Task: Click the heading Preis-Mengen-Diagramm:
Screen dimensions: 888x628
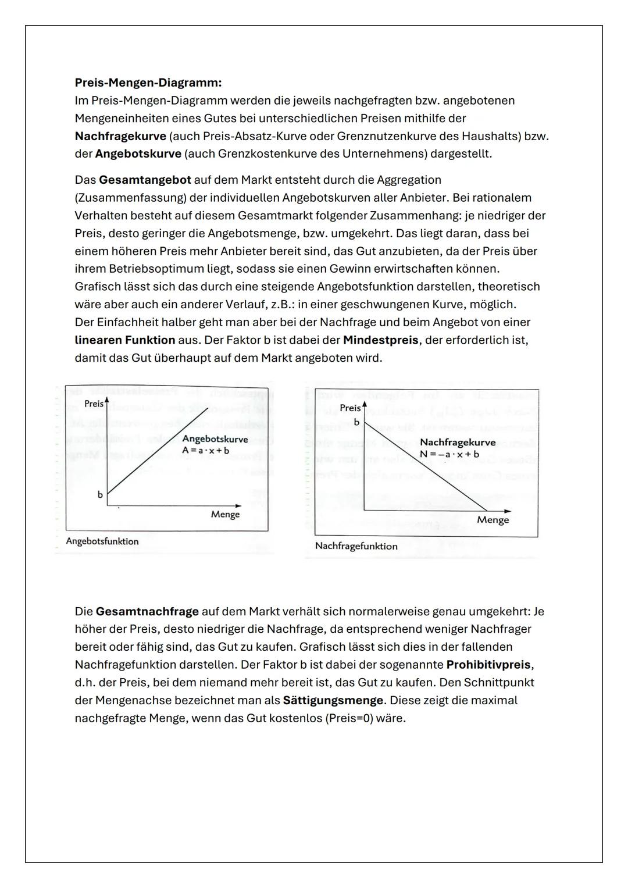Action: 148,83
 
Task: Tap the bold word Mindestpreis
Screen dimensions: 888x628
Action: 380,340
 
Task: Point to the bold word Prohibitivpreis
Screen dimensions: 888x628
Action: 488,664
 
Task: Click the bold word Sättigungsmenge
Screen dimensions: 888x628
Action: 333,700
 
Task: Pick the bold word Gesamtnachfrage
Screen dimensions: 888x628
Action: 147,611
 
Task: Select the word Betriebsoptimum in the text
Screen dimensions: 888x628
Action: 156,269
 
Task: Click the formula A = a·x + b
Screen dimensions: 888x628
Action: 205,450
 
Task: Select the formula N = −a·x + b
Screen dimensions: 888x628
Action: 449,454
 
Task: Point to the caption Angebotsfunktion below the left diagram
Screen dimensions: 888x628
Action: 102,541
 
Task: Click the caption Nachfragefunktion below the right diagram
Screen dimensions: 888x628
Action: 356,546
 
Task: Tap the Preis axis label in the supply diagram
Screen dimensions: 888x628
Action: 93,404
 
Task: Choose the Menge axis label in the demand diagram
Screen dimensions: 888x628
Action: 493,520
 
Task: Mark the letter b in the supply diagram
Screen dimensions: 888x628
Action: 100,495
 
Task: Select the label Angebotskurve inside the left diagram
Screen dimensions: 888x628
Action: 215,439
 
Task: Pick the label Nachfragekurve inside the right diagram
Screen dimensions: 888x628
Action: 458,443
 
